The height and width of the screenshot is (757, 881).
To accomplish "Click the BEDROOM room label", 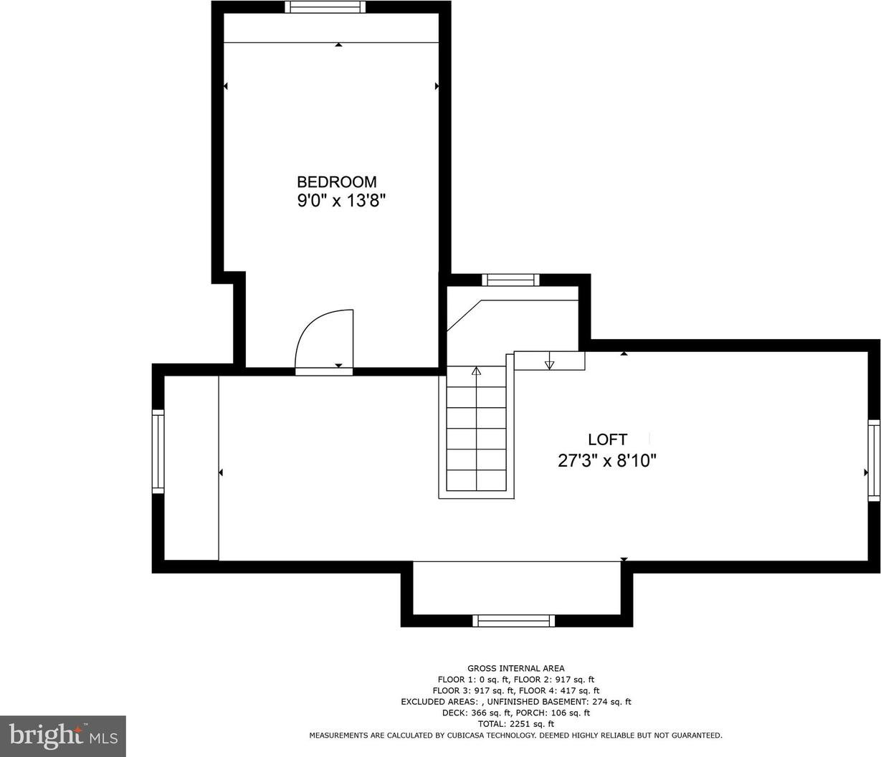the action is pos(337,182).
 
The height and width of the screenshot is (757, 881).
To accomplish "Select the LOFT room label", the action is pos(607,439).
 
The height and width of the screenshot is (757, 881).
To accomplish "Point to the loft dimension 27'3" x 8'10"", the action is pos(607,461).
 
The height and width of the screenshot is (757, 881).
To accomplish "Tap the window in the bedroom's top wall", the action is pos(325,7).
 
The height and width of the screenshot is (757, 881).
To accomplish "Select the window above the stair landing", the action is pos(510,280).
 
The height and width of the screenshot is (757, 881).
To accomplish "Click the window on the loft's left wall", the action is pos(158,452).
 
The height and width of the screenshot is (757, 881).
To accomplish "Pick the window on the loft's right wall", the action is pos(874,461).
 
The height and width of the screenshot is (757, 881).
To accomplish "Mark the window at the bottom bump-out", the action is pos(513,621).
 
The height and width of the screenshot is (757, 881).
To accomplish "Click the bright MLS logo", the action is pos(63,736).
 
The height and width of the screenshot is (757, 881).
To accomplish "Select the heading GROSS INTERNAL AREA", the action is pos(515,668).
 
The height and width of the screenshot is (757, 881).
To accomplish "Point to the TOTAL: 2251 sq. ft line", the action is pos(515,724).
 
